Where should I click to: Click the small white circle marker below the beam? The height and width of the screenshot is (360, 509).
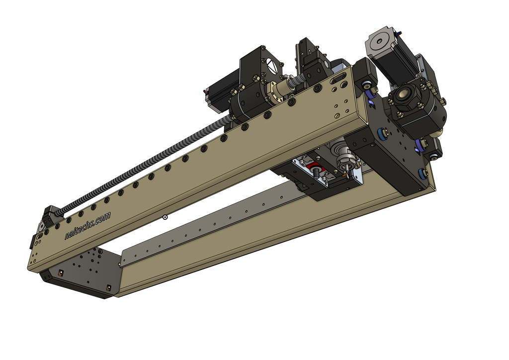point(165,217)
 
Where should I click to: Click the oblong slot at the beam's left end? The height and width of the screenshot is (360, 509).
point(39,237)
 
